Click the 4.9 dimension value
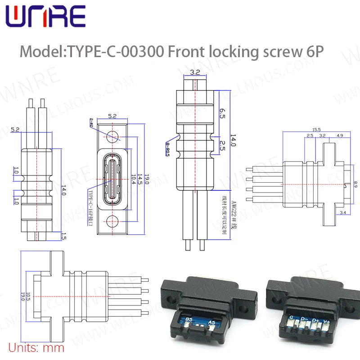(340, 135)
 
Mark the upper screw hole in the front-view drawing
(112, 135)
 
